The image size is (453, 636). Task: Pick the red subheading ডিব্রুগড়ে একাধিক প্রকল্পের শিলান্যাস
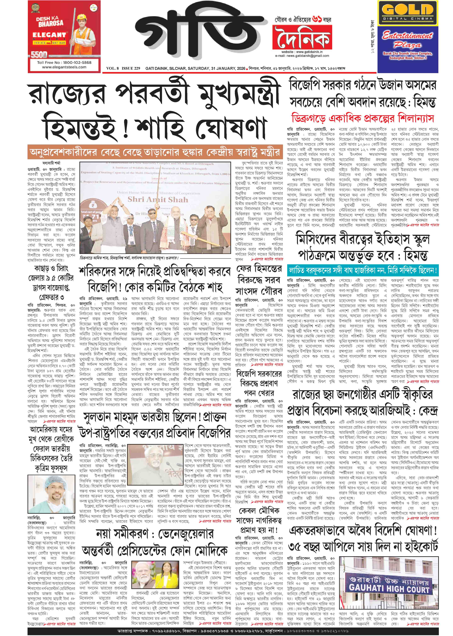coord(363,118)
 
